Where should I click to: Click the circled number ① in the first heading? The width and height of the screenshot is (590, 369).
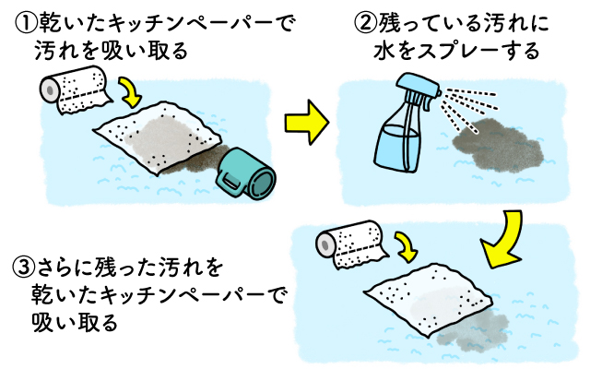(x=27, y=20)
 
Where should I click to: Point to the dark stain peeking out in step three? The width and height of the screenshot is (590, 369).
(x=493, y=324)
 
